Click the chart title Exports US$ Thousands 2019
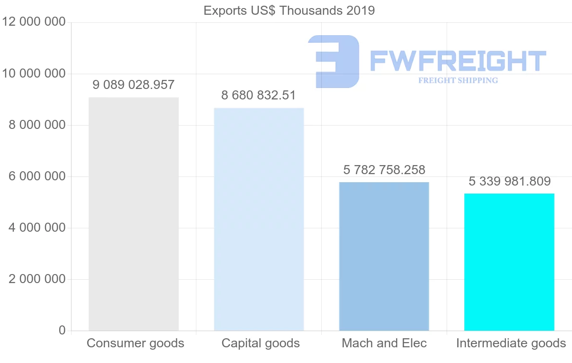(289, 10)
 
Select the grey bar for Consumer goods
(133, 214)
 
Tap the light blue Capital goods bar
(259, 219)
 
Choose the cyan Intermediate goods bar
(509, 262)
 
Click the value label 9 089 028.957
(133, 85)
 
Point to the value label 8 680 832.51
(258, 95)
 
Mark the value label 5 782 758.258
(384, 169)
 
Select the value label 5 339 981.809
(510, 181)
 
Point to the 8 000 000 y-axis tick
(37, 125)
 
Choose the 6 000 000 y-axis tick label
(37, 177)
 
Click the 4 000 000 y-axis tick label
(37, 228)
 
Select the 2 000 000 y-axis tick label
(37, 279)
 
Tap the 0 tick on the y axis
(62, 330)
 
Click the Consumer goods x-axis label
(135, 343)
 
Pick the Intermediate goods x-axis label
(511, 343)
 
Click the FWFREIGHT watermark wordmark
(458, 61)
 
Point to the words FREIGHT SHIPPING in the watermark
(458, 80)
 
